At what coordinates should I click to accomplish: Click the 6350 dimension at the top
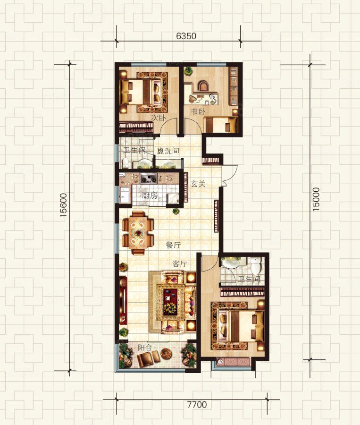click(186, 36)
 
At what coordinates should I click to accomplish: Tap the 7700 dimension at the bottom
click(197, 405)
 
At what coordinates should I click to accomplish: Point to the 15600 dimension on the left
click(63, 205)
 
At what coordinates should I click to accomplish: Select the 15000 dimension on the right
click(316, 199)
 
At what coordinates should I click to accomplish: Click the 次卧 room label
click(158, 118)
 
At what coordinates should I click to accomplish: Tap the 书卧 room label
click(198, 111)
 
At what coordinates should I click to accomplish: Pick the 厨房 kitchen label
click(149, 195)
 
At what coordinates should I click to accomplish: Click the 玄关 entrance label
click(198, 184)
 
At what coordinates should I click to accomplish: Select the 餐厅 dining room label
click(173, 245)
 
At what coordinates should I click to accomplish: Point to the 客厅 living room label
click(180, 263)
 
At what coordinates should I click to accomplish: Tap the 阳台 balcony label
click(145, 348)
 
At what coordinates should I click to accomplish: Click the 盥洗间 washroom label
click(168, 151)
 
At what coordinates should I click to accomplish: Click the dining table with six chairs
click(138, 233)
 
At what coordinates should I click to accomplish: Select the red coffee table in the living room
click(170, 301)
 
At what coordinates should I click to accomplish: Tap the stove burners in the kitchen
click(149, 178)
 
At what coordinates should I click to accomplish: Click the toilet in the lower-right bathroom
click(255, 265)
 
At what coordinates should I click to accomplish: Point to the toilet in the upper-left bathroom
click(125, 162)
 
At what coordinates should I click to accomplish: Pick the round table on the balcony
click(166, 353)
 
